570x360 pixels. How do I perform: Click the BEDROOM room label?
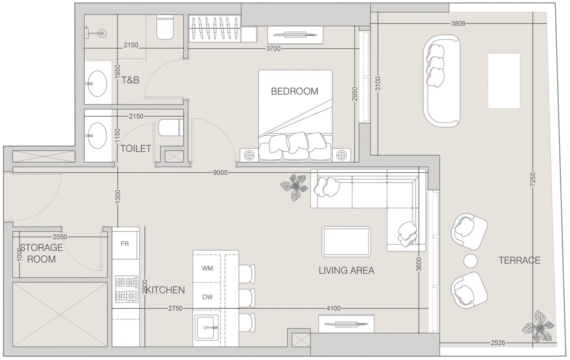[x=294, y=91]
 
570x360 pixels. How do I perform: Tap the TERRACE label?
[x=519, y=260]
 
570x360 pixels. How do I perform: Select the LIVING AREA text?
[x=346, y=270]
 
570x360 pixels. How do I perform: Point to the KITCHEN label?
[x=165, y=290]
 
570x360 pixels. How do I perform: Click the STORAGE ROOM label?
[x=42, y=253]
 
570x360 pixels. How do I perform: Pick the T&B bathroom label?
[x=130, y=80]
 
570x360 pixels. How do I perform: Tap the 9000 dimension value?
[x=220, y=173]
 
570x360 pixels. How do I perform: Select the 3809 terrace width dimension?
[x=458, y=23]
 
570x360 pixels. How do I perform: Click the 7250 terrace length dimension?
[x=533, y=179]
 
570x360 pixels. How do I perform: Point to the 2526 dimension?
[x=498, y=343]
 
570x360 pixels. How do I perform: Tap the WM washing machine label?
[x=207, y=269]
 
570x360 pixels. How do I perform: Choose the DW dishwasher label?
[x=207, y=297]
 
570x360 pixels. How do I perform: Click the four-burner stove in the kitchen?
[x=127, y=289]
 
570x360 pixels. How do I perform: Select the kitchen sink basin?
[x=207, y=328]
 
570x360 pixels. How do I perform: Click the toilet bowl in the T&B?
[x=165, y=27]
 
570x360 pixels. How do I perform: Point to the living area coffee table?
[x=346, y=242]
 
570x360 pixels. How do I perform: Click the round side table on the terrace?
[x=470, y=261]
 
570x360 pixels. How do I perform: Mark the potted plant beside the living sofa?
[x=294, y=187]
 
